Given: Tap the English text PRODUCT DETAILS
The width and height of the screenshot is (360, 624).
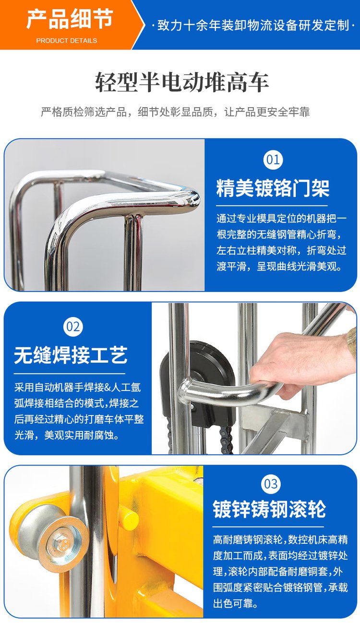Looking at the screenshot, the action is pyautogui.click(x=67, y=41).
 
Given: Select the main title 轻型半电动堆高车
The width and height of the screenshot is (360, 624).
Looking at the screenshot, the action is pyautogui.click(x=182, y=83).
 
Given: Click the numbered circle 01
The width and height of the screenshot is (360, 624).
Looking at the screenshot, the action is pyautogui.click(x=273, y=160).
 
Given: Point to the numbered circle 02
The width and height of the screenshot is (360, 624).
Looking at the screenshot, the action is pyautogui.click(x=73, y=327).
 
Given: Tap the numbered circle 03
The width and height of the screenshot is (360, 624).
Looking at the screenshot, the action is pyautogui.click(x=271, y=484).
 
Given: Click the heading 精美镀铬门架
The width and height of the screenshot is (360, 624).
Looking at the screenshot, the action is pyautogui.click(x=273, y=189).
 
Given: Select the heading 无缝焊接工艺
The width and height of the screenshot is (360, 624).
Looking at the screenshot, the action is pyautogui.click(x=71, y=355).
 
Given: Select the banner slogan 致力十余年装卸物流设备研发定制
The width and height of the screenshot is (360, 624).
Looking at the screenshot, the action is pyautogui.click(x=253, y=25).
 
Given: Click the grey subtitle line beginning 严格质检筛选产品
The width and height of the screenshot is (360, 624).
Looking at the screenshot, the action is pyautogui.click(x=175, y=112).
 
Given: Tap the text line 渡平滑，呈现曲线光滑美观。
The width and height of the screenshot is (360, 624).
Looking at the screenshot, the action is pyautogui.click(x=279, y=267).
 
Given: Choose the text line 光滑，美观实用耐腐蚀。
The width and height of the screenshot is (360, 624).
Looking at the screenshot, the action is pyautogui.click(x=67, y=435).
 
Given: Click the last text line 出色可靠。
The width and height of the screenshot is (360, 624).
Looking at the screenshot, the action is pyautogui.click(x=235, y=603).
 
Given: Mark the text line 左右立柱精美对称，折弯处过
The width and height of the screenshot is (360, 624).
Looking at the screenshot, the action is pyautogui.click(x=281, y=250).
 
